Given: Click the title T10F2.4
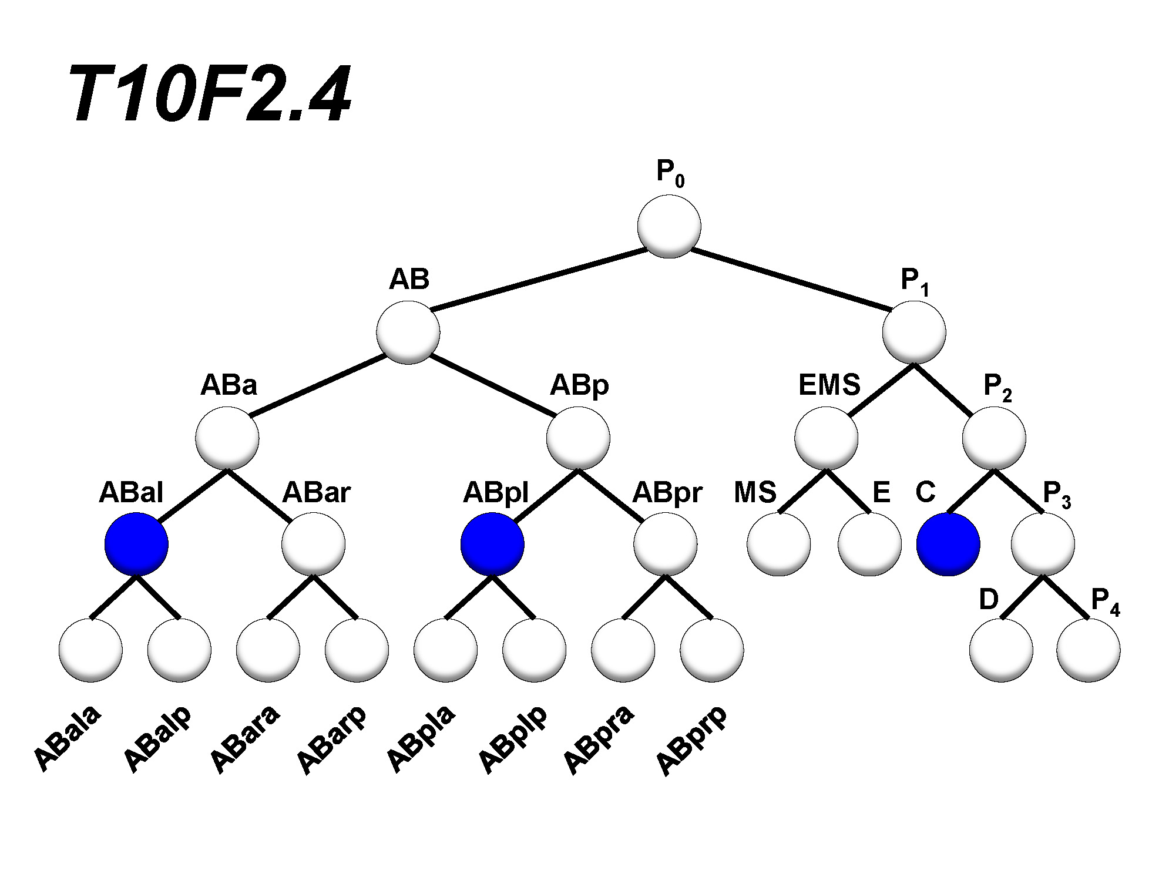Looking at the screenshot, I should point(210,94).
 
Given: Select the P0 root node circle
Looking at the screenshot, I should point(669,226).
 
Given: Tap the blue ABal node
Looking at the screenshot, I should point(136,544).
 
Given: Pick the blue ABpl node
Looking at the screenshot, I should point(492,544).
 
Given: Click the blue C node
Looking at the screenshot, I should point(948,544).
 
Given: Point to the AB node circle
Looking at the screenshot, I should point(408,332).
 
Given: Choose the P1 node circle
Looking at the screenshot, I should point(914,332).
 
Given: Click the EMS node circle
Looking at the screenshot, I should point(826,438).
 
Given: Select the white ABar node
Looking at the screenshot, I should point(313,544).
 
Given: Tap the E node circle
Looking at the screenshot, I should point(869,544).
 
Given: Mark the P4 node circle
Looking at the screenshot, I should point(1088,650).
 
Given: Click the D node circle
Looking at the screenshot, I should point(1001,650).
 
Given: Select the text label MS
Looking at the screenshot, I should point(755,492).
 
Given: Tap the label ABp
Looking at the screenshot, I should point(579,386).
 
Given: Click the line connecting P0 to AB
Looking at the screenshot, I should point(539,279).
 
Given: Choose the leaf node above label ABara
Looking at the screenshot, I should point(268,650).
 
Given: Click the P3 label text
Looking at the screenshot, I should point(1056,495).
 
